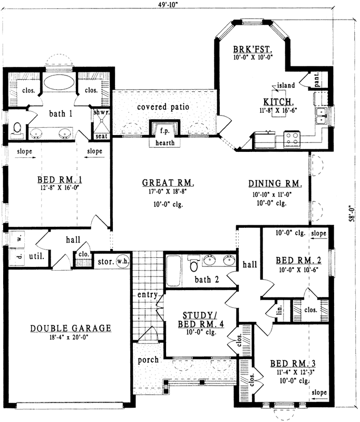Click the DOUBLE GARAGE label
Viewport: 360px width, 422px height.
71,328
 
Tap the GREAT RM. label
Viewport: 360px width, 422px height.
168,183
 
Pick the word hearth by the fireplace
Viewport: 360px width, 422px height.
165,142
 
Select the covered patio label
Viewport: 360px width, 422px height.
163,107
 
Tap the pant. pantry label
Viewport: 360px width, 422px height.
317,80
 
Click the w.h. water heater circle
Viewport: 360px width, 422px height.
122,261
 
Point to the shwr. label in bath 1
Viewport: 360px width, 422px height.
100,112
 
